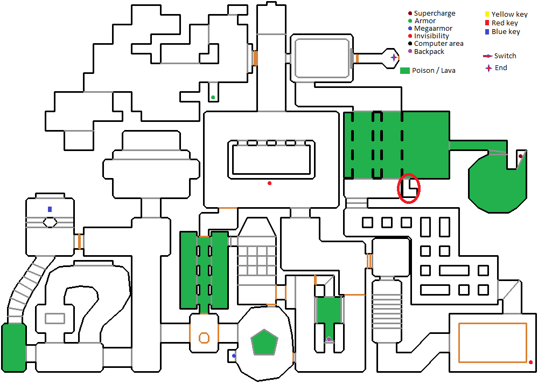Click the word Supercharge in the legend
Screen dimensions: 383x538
[x=435, y=13]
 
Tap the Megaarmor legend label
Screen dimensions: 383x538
[x=433, y=29]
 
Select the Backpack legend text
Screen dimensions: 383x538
[x=429, y=52]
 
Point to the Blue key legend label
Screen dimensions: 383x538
[x=506, y=32]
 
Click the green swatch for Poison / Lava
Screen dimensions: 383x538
[x=405, y=71]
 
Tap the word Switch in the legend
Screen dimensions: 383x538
[x=505, y=56]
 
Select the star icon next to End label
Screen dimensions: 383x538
[x=488, y=68]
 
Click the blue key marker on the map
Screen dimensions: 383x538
[x=50, y=209]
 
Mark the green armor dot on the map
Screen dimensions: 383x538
[x=213, y=98]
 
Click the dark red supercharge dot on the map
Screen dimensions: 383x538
[x=520, y=156]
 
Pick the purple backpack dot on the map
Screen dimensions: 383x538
[x=329, y=339]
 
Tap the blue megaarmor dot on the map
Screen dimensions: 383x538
[x=234, y=356]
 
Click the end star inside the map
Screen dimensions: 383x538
[x=394, y=57]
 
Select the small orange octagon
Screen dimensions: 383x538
[x=204, y=338]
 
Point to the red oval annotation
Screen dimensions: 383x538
[x=409, y=188]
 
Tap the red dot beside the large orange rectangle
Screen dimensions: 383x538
[x=530, y=363]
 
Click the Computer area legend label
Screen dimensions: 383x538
[x=438, y=44]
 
